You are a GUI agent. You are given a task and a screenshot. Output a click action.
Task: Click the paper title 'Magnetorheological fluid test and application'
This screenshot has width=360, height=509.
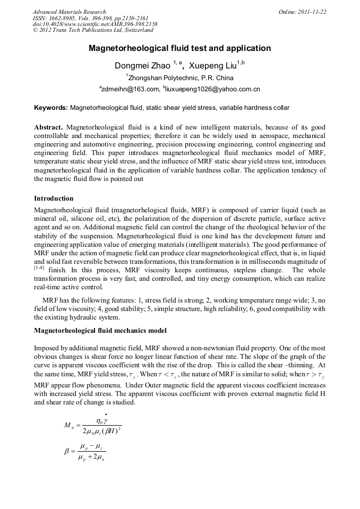pos(179,48)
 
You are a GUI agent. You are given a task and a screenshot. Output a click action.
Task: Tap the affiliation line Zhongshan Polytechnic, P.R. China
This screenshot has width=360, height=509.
pos(179,78)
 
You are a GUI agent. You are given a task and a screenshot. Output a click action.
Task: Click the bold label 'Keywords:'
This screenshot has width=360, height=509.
pos(50,108)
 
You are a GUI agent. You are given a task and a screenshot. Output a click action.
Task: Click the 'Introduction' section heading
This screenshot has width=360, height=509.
pos(54,199)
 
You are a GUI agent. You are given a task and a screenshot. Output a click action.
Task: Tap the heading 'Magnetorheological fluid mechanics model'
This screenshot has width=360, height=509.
pos(100,331)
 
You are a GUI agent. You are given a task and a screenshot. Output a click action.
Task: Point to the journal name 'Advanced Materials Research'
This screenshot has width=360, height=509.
pos(69,12)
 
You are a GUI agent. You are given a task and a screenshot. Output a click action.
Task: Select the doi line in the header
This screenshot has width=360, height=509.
pos(95,24)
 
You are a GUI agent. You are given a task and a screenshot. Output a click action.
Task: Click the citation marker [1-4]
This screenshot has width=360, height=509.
pos(39,268)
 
